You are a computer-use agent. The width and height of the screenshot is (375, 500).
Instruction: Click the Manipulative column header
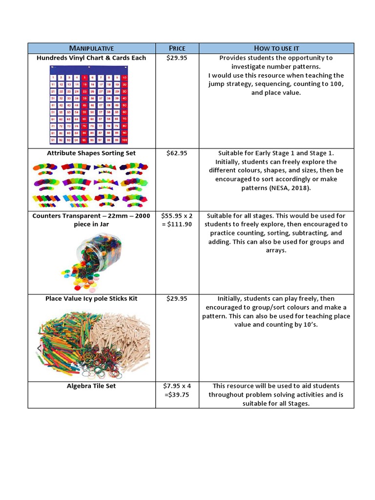(91, 48)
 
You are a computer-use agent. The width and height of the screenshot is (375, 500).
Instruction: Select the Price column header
(177, 48)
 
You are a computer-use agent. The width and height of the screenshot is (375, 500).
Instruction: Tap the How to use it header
(276, 48)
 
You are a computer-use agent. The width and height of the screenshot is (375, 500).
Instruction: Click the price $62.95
(177, 153)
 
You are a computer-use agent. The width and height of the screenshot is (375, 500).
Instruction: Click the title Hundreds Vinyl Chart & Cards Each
(91, 58)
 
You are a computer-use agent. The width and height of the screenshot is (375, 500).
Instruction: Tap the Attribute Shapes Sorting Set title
(91, 153)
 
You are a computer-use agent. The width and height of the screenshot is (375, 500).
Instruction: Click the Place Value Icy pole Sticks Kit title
(91, 299)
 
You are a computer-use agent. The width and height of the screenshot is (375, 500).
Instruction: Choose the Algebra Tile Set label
(91, 386)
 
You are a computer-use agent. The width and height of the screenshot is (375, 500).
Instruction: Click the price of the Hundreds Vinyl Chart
(177, 58)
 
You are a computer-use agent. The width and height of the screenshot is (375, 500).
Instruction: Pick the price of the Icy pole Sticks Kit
(177, 299)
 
